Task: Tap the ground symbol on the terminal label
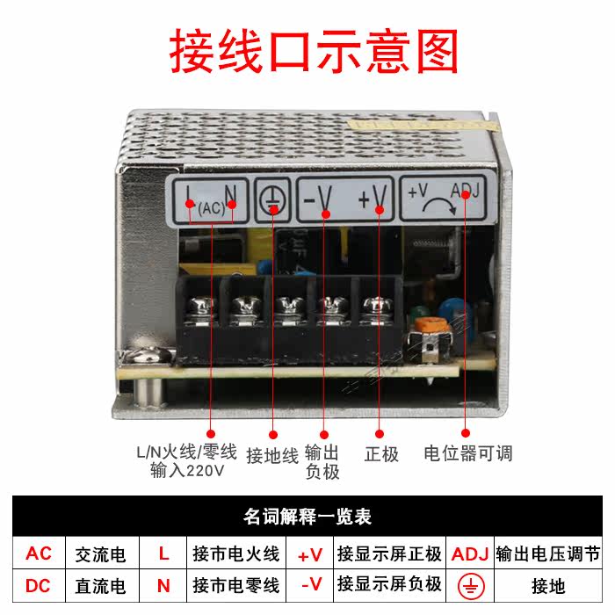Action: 272,201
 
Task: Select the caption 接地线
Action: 272,455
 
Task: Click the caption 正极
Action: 381,454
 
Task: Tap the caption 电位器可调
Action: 467,454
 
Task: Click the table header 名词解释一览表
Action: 307,517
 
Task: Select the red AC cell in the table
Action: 40,554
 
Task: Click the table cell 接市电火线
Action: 236,554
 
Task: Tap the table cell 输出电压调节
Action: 548,554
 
